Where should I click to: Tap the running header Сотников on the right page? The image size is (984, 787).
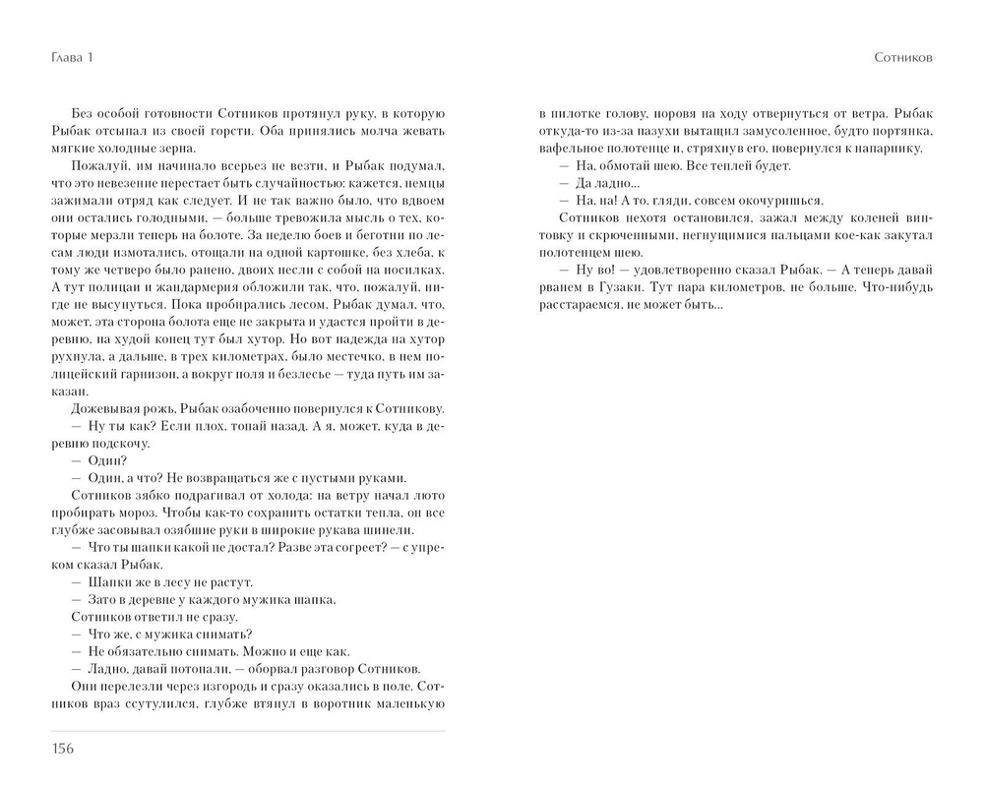(903, 58)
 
